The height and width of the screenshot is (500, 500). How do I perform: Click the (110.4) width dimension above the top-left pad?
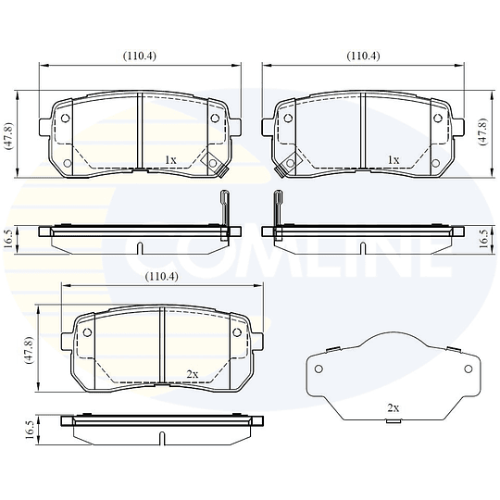[x=140, y=55]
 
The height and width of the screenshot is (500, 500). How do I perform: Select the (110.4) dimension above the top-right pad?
[x=363, y=55]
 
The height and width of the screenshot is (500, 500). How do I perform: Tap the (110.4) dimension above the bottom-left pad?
[x=161, y=276]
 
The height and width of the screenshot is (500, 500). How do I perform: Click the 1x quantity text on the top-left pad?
[x=169, y=159]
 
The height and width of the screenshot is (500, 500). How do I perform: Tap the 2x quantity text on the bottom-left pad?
[x=193, y=374]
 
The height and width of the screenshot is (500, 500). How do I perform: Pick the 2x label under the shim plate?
[x=393, y=407]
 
